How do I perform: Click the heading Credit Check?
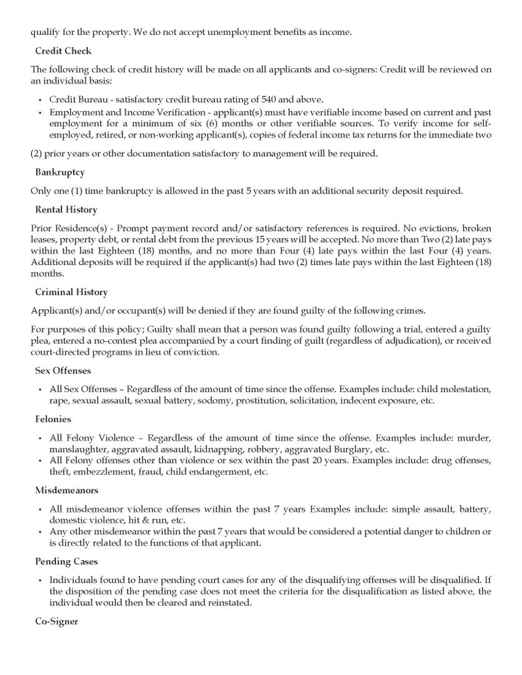point(63,51)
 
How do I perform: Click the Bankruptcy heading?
point(60,172)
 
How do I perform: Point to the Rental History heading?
point(66,209)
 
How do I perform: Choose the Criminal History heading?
point(71,292)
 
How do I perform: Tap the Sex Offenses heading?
point(63,371)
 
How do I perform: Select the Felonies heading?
point(53,419)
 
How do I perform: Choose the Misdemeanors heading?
point(67,491)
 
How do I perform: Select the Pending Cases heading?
point(67,561)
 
